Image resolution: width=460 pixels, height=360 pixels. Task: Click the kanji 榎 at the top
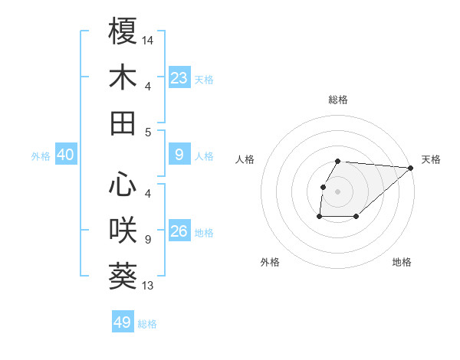pos(123,31)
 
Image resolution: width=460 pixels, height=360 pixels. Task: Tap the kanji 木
pos(123,78)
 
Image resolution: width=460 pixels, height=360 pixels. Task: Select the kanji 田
pos(123,124)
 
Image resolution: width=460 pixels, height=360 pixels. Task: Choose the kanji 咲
pos(123,230)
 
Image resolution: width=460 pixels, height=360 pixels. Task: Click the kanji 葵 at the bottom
pos(123,277)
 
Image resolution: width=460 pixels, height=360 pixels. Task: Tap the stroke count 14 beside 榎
pos(149,39)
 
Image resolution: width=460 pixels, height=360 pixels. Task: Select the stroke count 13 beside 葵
pos(149,286)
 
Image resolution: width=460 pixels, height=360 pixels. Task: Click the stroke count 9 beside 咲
pos(147,240)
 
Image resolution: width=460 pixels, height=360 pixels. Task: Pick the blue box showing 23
pos(179,78)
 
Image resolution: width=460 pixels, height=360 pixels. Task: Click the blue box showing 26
pos(179,231)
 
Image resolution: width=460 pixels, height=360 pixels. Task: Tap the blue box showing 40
pos(66,155)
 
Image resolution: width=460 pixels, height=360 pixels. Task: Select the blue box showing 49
pos(123,322)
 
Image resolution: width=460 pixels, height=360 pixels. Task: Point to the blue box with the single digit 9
pos(179,155)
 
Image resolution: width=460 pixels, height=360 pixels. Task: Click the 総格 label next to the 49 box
pos(148,324)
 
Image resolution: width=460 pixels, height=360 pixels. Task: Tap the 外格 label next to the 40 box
pos(41,156)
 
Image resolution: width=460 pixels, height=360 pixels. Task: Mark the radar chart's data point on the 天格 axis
pos(410,169)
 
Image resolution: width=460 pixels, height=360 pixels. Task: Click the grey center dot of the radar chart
pos(338,191)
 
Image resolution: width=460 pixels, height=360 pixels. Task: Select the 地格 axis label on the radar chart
pos(402,263)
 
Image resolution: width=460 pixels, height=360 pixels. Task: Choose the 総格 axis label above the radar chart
pos(338,100)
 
